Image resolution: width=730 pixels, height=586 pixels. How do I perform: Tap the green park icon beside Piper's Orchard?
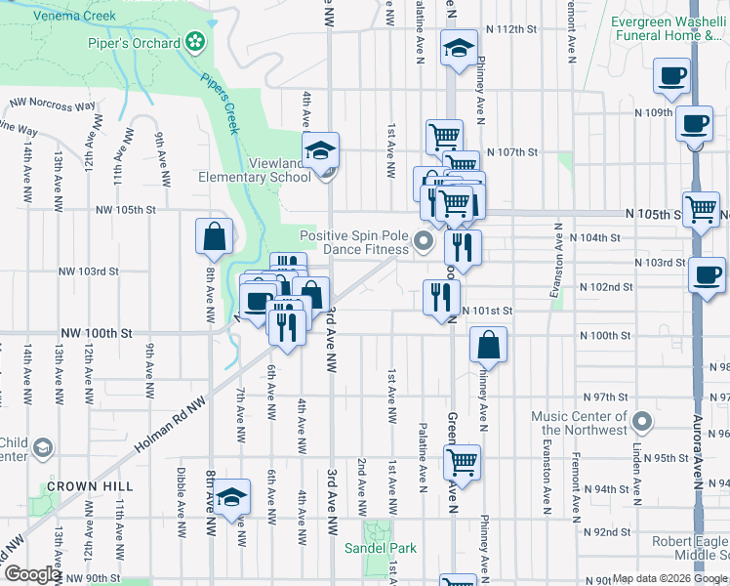(196, 42)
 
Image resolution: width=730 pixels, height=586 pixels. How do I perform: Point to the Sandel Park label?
(380, 548)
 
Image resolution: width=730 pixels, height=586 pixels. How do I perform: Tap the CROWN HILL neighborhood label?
(81, 485)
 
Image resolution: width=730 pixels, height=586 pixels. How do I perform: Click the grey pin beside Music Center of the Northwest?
(642, 421)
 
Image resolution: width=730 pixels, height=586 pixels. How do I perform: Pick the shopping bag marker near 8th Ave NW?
(214, 236)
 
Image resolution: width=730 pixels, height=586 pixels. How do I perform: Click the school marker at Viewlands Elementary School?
(319, 150)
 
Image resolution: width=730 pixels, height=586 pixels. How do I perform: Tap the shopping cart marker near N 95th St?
(463, 461)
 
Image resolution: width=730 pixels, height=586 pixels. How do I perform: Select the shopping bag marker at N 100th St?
(488, 345)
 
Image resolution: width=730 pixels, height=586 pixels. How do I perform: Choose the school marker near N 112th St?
(456, 50)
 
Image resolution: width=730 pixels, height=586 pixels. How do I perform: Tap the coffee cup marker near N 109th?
(693, 125)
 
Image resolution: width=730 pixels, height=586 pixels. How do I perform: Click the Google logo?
(32, 575)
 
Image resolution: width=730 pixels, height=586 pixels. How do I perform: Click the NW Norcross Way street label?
(53, 104)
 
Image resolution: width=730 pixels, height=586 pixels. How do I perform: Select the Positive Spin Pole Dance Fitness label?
(353, 242)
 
